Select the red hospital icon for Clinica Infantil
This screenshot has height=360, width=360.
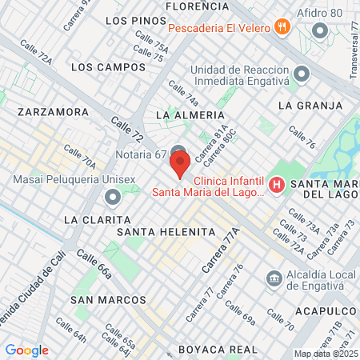[277, 186]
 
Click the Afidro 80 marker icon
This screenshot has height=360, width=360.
[321, 31]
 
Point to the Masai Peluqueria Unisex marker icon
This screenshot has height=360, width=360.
[112, 197]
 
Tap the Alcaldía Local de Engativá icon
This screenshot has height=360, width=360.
[274, 278]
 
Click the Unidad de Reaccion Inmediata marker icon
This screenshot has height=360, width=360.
[302, 74]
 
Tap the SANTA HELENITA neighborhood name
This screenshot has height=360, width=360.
[166, 231]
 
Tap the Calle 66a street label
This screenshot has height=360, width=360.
[95, 267]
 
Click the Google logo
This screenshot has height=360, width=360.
[26, 350]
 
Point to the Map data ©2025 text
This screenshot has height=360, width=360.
[326, 354]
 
